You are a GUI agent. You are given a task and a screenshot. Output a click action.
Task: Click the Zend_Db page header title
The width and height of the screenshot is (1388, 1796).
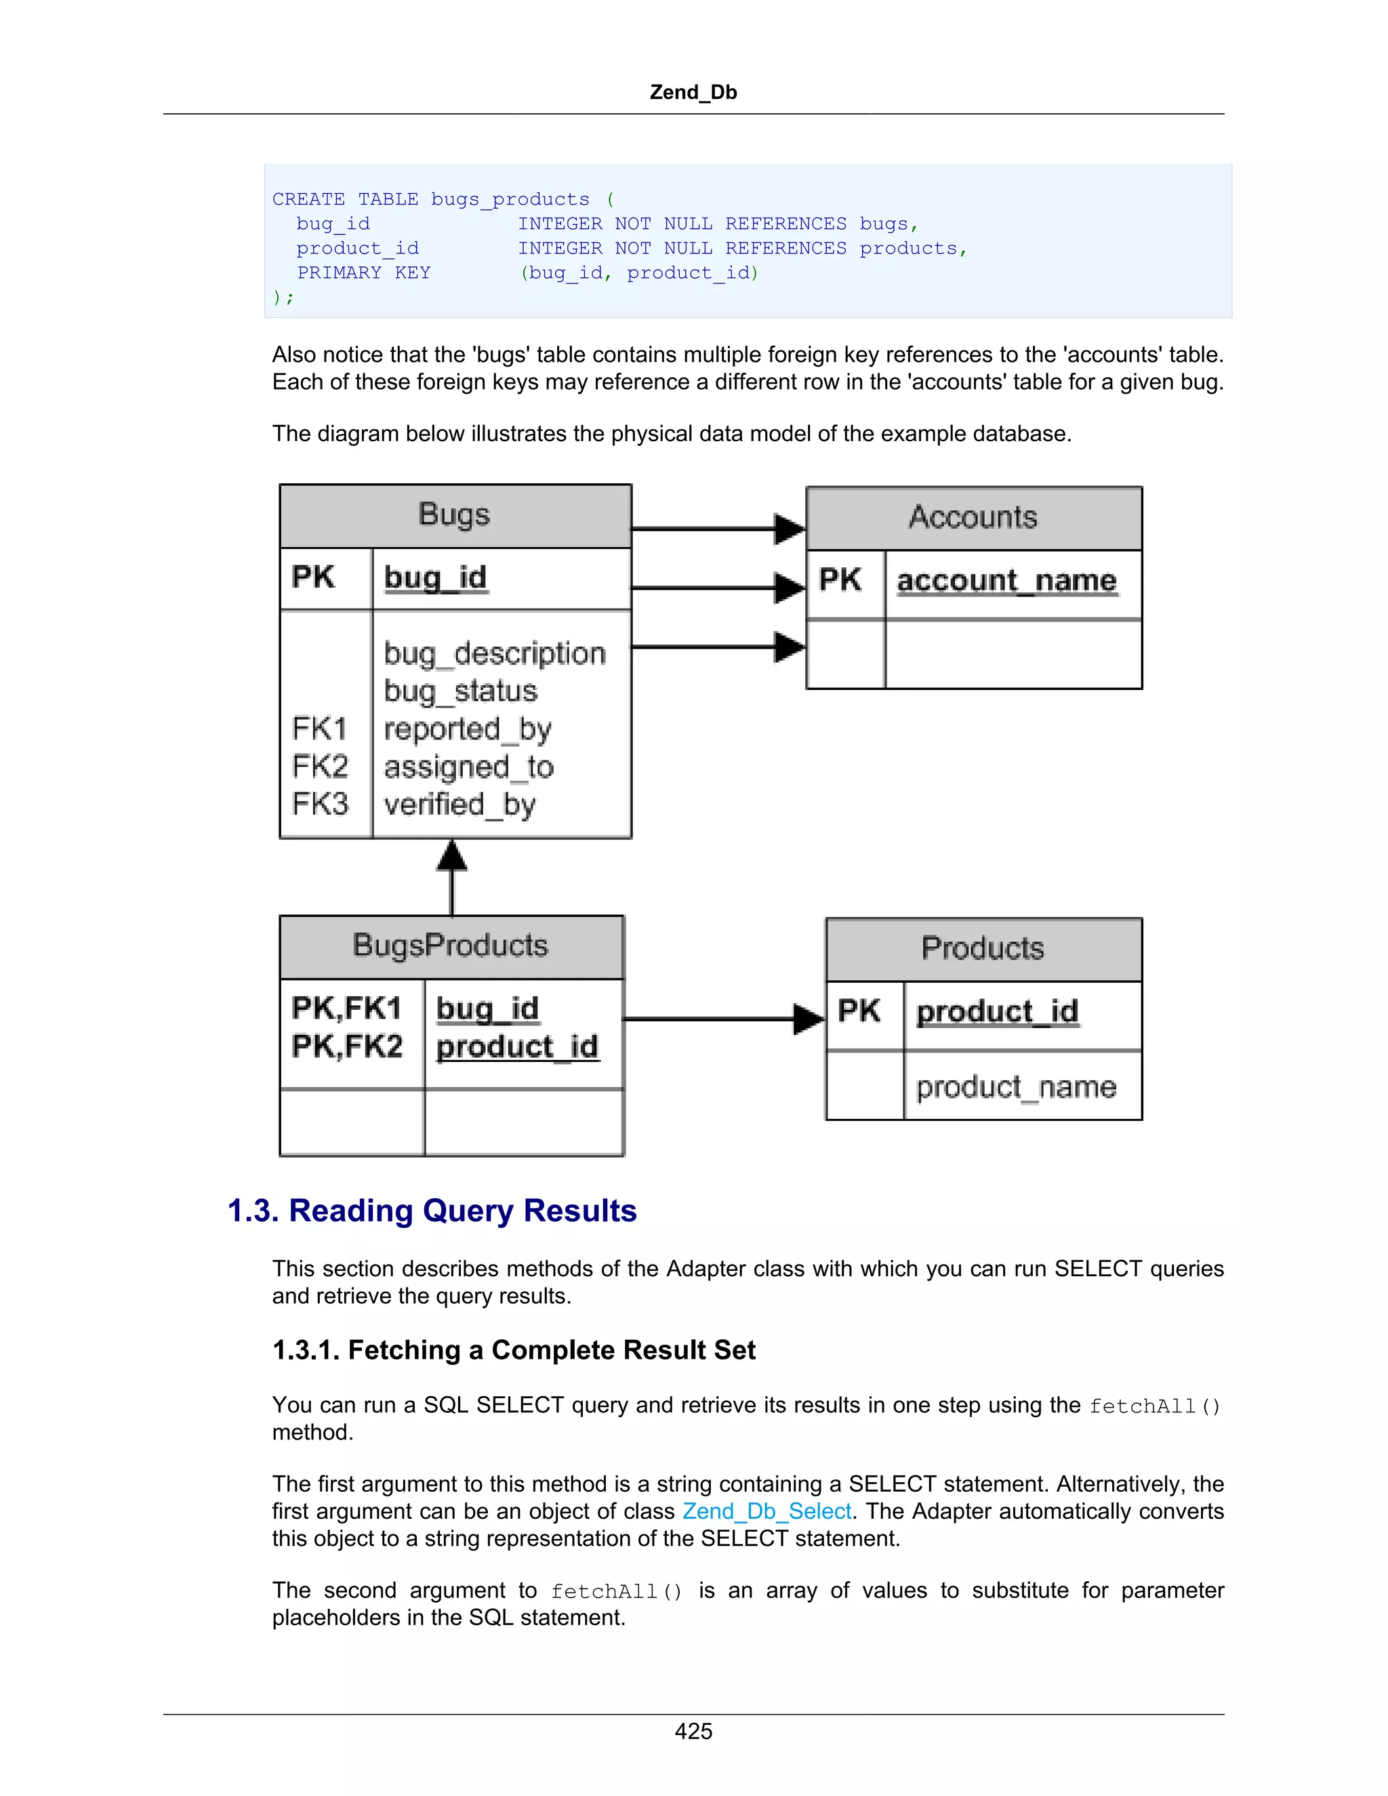pos(693,92)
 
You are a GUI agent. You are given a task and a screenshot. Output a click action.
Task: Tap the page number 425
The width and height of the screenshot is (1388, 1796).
pos(693,1731)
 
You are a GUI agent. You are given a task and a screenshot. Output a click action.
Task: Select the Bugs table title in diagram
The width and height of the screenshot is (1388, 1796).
pos(454,515)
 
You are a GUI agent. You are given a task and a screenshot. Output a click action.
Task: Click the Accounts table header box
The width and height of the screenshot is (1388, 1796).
pos(974,518)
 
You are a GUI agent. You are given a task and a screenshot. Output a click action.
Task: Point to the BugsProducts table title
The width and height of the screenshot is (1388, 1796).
pos(450,945)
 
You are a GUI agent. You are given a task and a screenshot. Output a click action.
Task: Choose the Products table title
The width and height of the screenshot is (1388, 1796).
pos(983,948)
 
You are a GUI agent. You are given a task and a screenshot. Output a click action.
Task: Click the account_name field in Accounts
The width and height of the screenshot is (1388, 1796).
pos(1006,581)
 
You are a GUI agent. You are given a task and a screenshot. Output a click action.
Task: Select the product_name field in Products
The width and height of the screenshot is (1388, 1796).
pos(1017,1087)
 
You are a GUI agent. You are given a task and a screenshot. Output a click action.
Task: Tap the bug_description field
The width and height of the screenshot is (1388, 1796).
pos(494,654)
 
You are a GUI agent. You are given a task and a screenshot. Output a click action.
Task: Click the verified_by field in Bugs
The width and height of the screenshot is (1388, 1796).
pos(460,804)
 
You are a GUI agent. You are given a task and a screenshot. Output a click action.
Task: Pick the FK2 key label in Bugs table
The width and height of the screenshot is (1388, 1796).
pos(320,767)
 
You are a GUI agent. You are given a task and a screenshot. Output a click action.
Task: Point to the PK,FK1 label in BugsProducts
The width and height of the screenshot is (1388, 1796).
pos(346,1008)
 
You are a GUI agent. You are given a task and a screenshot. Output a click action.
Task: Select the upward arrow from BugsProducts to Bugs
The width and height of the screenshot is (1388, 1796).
pos(451,876)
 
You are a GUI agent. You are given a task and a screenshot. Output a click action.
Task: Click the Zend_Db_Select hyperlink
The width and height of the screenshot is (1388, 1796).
pos(767,1511)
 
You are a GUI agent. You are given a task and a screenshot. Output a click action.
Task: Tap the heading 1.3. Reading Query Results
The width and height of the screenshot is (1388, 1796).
pos(432,1211)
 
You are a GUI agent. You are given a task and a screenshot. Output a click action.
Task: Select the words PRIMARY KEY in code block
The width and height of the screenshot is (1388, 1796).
pos(363,273)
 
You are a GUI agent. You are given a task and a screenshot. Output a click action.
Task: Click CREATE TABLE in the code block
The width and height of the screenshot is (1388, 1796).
pos(346,200)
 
